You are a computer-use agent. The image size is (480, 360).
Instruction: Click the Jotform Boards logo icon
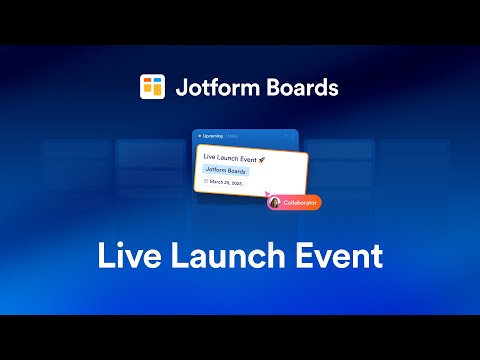pyautogui.click(x=152, y=87)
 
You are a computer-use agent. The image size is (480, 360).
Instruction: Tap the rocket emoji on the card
pyautogui.click(x=262, y=158)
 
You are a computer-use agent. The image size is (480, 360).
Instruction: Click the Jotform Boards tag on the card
pyautogui.click(x=227, y=171)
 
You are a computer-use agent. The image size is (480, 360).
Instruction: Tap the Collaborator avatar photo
pyautogui.click(x=274, y=202)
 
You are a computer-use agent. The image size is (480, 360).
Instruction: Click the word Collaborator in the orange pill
pyautogui.click(x=300, y=202)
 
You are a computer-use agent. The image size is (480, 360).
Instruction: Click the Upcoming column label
pyautogui.click(x=212, y=135)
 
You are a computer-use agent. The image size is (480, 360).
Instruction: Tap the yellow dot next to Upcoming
pyautogui.click(x=199, y=135)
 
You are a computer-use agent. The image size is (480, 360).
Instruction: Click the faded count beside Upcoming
pyautogui.click(x=231, y=135)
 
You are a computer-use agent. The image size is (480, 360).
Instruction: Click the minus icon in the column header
pyautogui.click(x=285, y=135)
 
